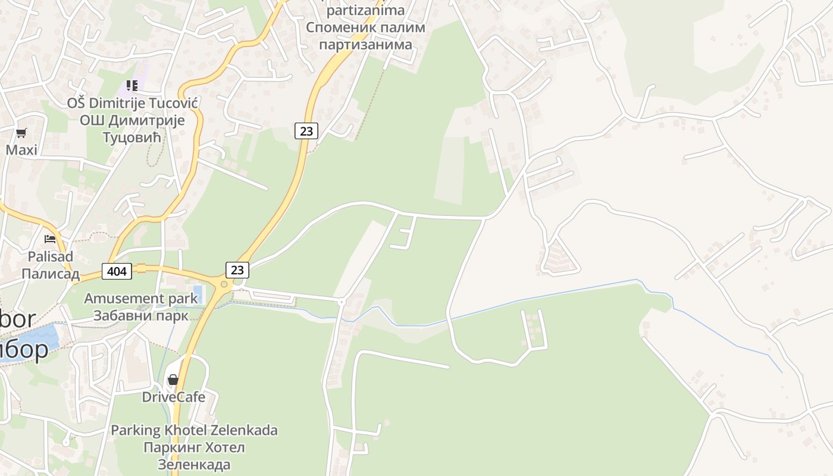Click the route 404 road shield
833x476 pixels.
coord(117,271)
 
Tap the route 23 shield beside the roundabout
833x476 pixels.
coord(237,270)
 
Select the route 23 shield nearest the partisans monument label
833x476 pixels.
coord(306,130)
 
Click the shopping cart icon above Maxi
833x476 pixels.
coord(21,133)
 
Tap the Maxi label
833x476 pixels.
coord(21,150)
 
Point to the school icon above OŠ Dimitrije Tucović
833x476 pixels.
coord(131,86)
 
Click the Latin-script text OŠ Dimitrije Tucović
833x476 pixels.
coord(132,103)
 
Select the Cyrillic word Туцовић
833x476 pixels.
coord(132,137)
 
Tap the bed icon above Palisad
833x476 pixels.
coord(50,239)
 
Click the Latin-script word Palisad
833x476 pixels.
coord(51,256)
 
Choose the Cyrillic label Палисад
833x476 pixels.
coord(51,274)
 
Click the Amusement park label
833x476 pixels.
coord(140,298)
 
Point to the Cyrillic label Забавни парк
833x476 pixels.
coord(140,315)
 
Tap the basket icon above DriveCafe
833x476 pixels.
coord(173,380)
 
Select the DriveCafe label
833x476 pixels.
coord(173,397)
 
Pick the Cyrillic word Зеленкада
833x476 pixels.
coord(194,464)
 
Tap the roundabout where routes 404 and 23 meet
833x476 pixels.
coord(224,284)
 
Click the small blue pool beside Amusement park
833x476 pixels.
coord(198,294)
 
